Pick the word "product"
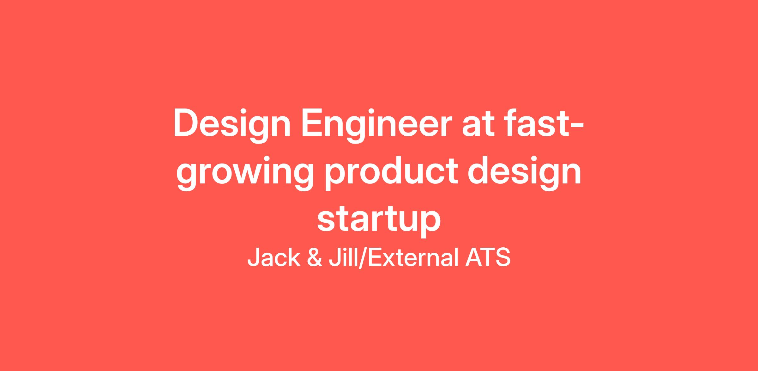tap(391, 173)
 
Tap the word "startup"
tap(379, 220)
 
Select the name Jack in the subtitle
tap(274, 257)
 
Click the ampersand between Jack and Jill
tap(315, 257)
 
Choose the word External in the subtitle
tap(413, 257)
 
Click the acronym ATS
tap(488, 257)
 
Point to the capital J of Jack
tap(254, 257)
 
